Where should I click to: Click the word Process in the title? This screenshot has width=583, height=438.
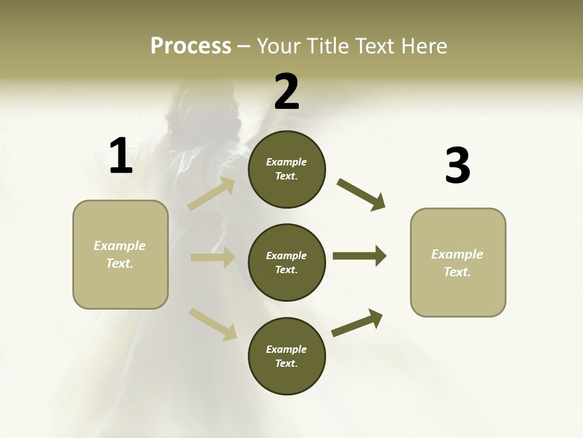[x=191, y=46]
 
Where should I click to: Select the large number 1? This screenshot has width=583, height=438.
[x=120, y=156]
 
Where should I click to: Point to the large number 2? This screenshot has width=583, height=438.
[x=287, y=92]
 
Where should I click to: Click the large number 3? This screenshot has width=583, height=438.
[x=457, y=165]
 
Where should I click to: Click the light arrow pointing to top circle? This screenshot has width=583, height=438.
[x=211, y=194]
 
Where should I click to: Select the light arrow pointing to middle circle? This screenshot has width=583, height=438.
[x=213, y=257]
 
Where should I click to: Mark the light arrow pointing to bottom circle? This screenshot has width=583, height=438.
[x=213, y=324]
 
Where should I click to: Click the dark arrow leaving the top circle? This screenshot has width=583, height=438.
[x=361, y=195]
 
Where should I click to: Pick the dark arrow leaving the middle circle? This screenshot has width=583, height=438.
[x=359, y=256]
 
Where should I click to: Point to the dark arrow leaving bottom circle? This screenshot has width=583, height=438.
[x=357, y=322]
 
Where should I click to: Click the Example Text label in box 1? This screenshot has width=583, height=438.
[x=120, y=254]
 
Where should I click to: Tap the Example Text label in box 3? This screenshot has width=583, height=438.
[x=457, y=263]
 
